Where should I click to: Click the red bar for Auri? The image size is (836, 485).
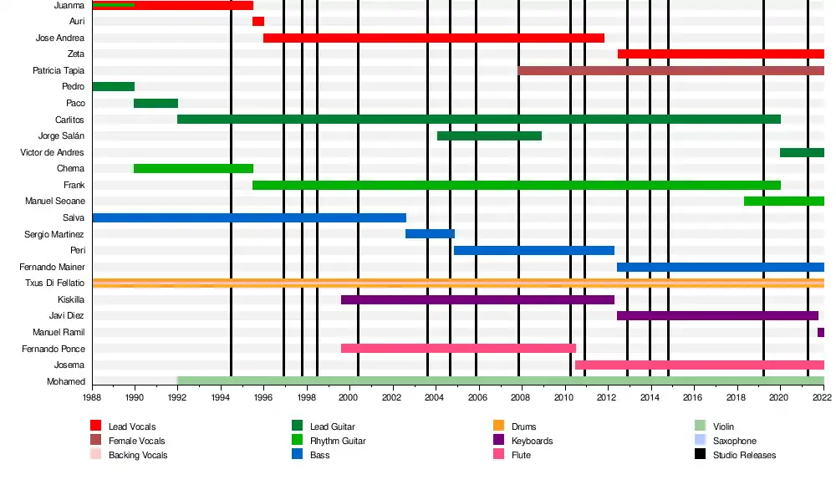click(258, 22)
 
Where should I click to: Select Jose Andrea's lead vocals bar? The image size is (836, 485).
click(433, 38)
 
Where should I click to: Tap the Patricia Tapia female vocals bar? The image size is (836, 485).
click(670, 70)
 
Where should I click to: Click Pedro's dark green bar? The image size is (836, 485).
click(113, 87)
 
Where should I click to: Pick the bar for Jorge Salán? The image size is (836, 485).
click(489, 135)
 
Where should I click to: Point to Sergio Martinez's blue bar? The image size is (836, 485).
click(430, 234)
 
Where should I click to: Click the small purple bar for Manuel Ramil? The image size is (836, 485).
click(821, 333)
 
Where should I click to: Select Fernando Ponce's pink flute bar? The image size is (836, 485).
click(458, 349)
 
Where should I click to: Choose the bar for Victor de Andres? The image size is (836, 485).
click(802, 152)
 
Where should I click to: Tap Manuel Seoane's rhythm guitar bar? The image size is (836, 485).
click(783, 202)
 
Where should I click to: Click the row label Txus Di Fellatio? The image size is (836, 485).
click(55, 283)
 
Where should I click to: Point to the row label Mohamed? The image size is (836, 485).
click(66, 382)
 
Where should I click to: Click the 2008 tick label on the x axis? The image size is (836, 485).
click(520, 399)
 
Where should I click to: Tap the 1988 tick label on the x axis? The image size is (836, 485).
click(92, 399)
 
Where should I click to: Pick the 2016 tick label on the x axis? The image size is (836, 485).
click(692, 399)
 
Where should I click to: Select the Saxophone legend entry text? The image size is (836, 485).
click(734, 441)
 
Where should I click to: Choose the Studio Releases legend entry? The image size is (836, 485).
click(744, 455)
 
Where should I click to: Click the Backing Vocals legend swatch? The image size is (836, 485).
click(95, 455)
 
